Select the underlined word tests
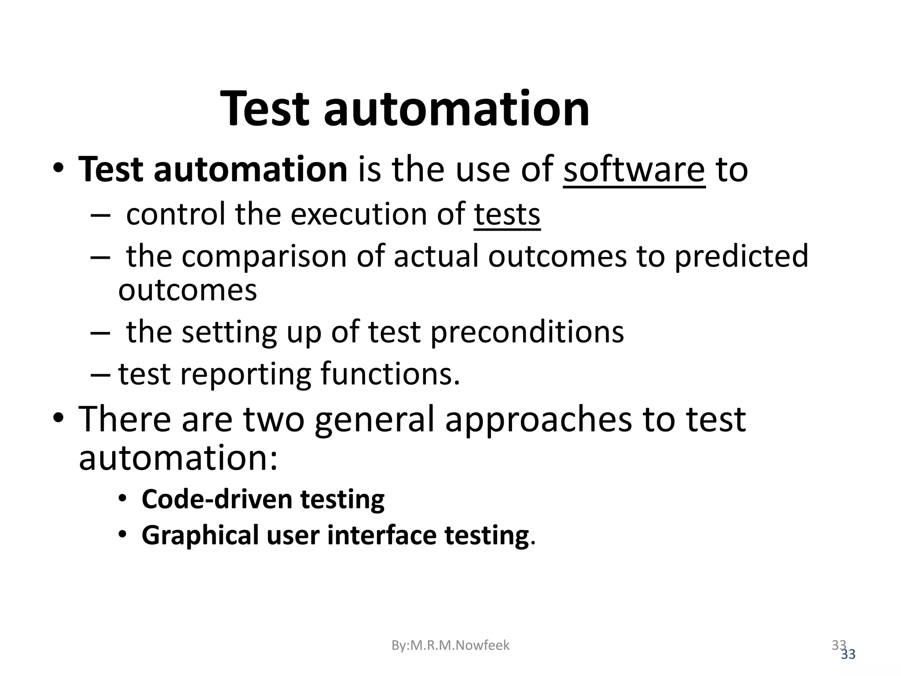point(507,214)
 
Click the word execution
point(359,214)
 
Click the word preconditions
point(527,332)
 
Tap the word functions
point(390,374)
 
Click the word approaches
point(538,419)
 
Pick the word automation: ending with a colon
point(178,458)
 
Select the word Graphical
point(200,536)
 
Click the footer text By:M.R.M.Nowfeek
point(450,645)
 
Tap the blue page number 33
point(848,655)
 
